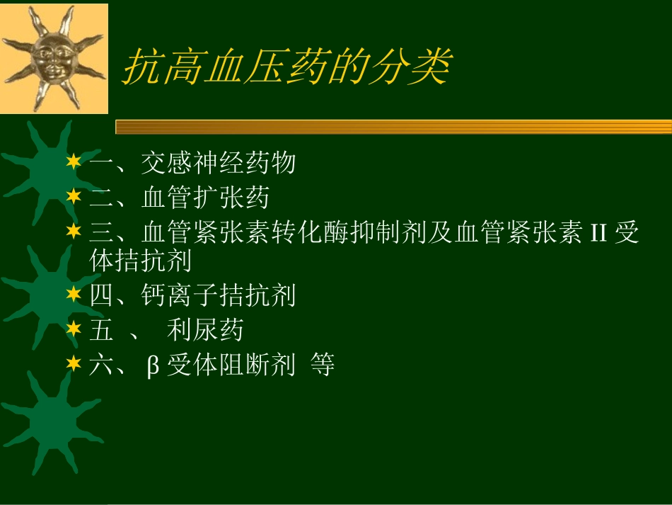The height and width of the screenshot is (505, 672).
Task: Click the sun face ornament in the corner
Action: [54, 58]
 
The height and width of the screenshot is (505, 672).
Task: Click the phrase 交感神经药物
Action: [218, 164]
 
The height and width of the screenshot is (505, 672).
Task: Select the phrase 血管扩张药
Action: [205, 198]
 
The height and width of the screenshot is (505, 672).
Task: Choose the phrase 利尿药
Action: [205, 330]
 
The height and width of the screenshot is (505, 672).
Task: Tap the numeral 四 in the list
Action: [102, 295]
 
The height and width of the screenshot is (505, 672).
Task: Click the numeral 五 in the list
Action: [102, 330]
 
